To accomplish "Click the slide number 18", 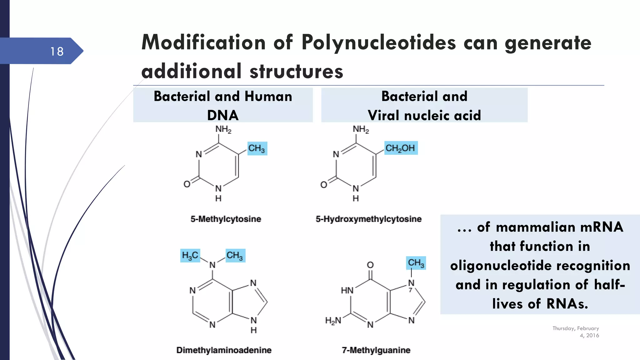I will pyautogui.click(x=57, y=52).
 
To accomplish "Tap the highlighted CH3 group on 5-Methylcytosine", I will pyautogui.click(x=257, y=148).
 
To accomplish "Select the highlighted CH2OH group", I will pyautogui.click(x=400, y=148).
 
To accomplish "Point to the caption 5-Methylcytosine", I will pyautogui.click(x=226, y=219).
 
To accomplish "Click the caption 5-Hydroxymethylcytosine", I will pyautogui.click(x=368, y=219).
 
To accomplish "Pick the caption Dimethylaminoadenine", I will pyautogui.click(x=224, y=350).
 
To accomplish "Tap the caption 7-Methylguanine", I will pyautogui.click(x=376, y=350).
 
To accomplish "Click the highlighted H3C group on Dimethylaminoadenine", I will pyautogui.click(x=190, y=256).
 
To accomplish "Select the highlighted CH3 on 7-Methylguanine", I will pyautogui.click(x=416, y=263).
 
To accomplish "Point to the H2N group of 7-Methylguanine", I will pyautogui.click(x=333, y=321).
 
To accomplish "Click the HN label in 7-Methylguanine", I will pyautogui.click(x=347, y=291).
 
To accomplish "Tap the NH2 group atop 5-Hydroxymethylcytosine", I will pyautogui.click(x=361, y=129).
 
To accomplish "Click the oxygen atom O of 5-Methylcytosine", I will pyautogui.click(x=187, y=184).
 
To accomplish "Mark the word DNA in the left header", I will pyautogui.click(x=223, y=115).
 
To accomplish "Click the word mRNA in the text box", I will pyautogui.click(x=602, y=227).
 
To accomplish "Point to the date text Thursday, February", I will pyautogui.click(x=576, y=328).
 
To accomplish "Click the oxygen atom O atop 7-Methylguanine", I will pyautogui.click(x=370, y=265).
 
